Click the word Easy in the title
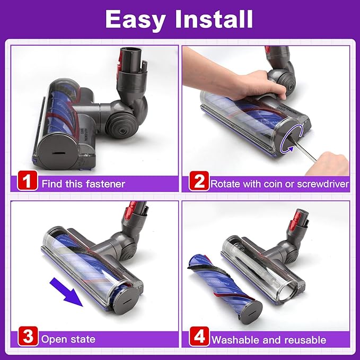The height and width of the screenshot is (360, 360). pyautogui.click(x=138, y=20)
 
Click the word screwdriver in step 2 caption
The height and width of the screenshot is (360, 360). pyautogui.click(x=321, y=184)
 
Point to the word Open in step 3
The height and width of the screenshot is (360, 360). pyautogui.click(x=54, y=339)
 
